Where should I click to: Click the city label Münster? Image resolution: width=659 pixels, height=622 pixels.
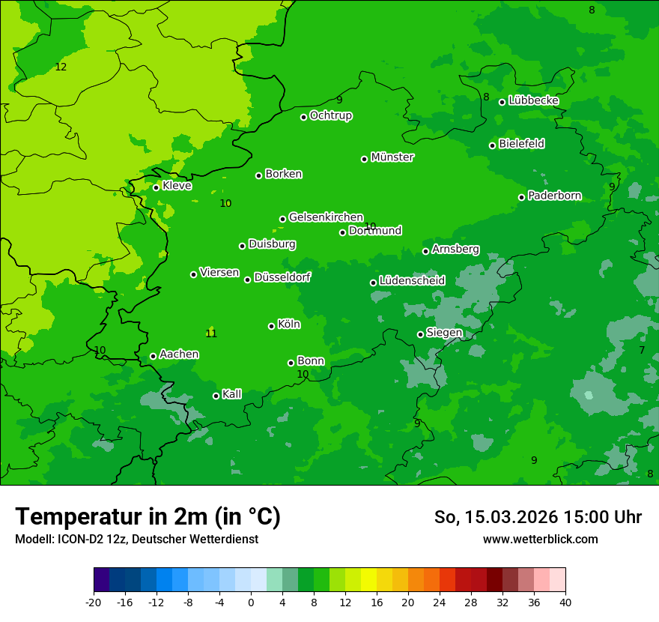[392, 157]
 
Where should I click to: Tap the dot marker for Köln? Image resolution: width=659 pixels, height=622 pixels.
[271, 326]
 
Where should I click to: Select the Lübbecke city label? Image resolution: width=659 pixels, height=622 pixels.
[534, 100]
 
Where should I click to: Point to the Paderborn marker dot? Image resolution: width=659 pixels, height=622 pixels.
[521, 197]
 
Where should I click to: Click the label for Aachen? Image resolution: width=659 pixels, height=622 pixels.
[179, 354]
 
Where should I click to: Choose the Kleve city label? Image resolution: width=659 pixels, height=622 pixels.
[177, 186]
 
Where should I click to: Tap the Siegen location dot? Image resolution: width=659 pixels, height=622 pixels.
[420, 334]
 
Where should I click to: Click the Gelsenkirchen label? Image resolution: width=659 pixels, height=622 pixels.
[326, 217]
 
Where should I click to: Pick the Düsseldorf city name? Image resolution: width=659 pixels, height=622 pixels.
[282, 277]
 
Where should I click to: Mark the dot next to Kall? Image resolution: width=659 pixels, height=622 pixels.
[216, 396]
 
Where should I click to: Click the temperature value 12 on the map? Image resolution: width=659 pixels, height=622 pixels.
[61, 67]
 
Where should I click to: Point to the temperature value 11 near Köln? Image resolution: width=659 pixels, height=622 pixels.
[211, 333]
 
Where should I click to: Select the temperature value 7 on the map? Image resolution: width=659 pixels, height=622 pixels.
[642, 350]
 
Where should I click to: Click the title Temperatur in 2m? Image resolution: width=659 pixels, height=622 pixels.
[148, 517]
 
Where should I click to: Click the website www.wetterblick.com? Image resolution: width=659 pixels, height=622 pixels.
[540, 540]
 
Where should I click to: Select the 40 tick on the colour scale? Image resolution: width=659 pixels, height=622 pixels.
[565, 602]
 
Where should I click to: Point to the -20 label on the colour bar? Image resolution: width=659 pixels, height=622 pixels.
[94, 602]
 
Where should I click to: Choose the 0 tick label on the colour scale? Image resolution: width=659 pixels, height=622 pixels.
[251, 602]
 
